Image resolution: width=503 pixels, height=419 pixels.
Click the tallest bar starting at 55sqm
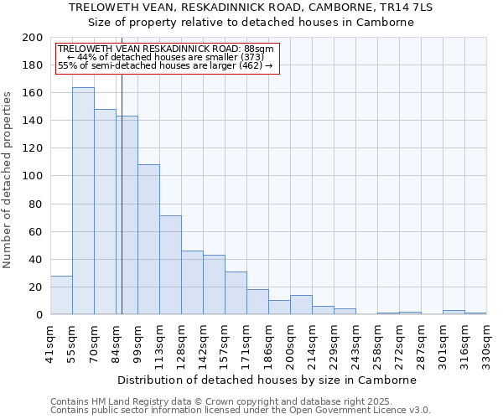click(83, 201)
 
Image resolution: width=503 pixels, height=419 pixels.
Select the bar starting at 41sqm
click(61, 295)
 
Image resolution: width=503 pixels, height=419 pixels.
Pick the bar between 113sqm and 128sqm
click(170, 265)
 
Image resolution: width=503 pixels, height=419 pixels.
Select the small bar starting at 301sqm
click(454, 313)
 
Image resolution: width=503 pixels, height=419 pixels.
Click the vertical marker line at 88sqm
click(122, 209)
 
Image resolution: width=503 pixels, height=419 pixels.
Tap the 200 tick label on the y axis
click(33, 38)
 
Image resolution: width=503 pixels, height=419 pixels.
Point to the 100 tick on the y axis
click(33, 176)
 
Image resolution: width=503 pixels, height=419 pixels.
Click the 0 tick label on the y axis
click(39, 315)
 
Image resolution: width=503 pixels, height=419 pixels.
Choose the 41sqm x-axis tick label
click(50, 343)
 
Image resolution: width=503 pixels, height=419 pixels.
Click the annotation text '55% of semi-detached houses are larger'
click(165, 65)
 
